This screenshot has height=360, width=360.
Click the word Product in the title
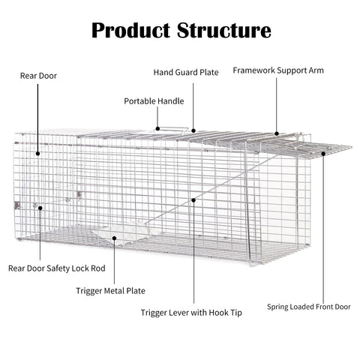coord(131,31)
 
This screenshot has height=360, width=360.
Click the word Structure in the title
coord(224,31)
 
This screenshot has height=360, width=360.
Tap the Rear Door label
coord(38,76)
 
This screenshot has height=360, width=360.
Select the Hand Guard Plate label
coord(186,73)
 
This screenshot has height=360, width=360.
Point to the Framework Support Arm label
coord(278,70)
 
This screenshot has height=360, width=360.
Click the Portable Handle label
coord(154,101)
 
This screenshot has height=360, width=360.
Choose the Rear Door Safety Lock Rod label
coord(57,268)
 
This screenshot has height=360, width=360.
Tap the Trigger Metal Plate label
coord(110,291)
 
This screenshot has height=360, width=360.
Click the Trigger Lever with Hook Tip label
coord(191,313)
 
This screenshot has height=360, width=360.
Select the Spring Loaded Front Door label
coord(309,307)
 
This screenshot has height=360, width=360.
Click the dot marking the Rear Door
coord(37,154)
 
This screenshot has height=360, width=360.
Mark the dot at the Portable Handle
coord(157,129)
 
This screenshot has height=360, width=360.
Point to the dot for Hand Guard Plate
coord(193,130)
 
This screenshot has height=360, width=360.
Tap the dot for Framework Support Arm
coord(277,133)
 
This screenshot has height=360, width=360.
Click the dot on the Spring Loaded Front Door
coord(323,154)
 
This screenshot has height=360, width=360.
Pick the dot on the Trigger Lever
coord(193,200)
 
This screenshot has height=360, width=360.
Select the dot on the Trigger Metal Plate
coord(114,238)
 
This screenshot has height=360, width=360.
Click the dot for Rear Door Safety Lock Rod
coord(40,208)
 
